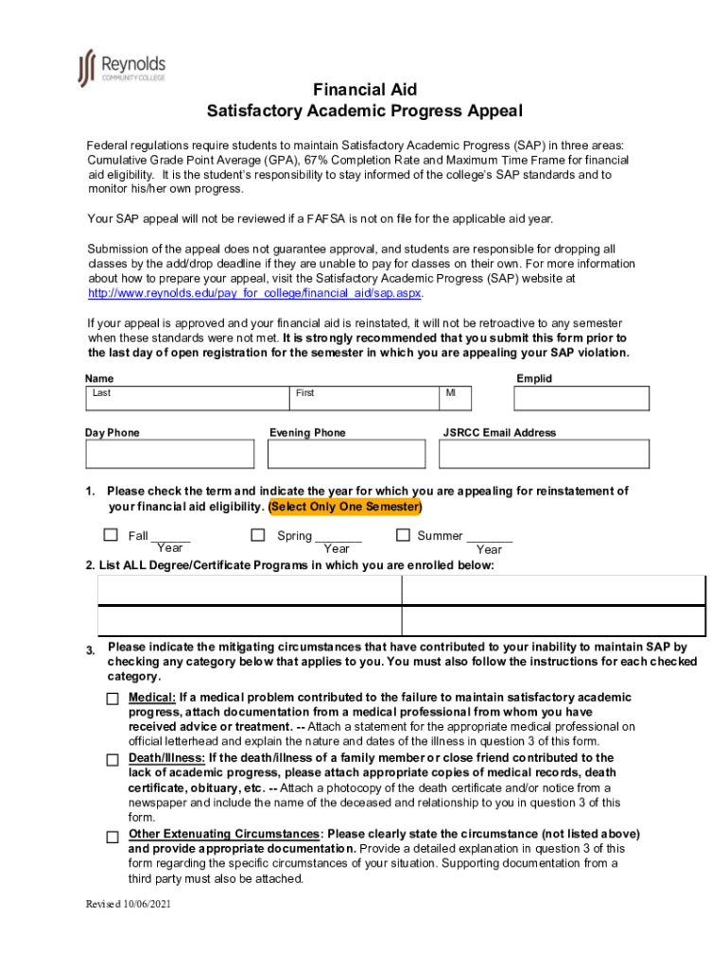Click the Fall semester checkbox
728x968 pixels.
coord(111,535)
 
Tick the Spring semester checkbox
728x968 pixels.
coord(257,535)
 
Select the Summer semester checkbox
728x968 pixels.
coord(402,535)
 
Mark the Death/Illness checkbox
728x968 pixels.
coord(113,760)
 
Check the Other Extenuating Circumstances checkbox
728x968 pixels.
coord(113,837)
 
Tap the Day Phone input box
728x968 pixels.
coord(170,455)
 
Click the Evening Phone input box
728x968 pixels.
coord(349,455)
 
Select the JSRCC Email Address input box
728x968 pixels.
coord(546,455)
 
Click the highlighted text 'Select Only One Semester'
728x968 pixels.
coord(345,507)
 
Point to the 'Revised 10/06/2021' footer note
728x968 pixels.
coord(129,904)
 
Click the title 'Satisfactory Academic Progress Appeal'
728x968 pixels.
coord(364,112)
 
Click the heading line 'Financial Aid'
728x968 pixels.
coord(364,90)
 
